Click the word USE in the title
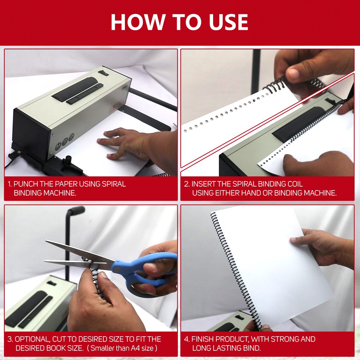click(229, 22)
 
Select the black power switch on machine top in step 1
click(103, 73)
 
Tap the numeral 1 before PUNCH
click(9, 184)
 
